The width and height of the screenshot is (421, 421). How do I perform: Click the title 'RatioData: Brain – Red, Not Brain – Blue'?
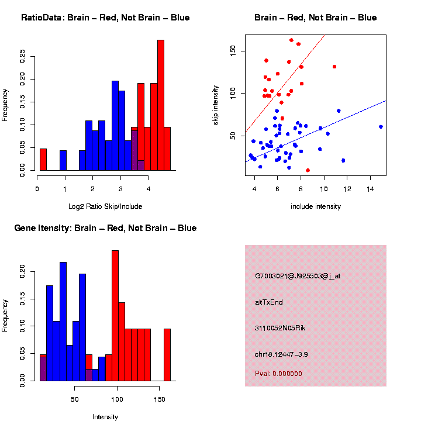(105, 18)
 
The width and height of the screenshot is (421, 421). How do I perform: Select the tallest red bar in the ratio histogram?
(161, 105)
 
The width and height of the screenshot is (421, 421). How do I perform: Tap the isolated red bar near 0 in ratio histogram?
(43, 159)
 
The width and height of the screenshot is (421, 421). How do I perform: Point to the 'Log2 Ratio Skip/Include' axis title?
(105, 206)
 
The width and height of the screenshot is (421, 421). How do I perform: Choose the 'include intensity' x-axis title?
(315, 206)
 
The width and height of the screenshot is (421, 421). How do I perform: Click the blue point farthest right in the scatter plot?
(381, 126)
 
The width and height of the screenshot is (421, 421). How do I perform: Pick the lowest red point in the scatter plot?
(308, 170)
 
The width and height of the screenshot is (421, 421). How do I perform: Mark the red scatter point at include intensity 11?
(334, 67)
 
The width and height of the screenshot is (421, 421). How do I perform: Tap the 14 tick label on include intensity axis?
(370, 189)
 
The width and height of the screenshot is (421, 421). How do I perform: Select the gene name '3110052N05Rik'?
(280, 328)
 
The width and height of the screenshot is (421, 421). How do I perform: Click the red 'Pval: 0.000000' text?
(278, 374)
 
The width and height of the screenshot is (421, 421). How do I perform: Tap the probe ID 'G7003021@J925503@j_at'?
(298, 276)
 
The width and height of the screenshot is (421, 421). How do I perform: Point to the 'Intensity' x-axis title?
(105, 417)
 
